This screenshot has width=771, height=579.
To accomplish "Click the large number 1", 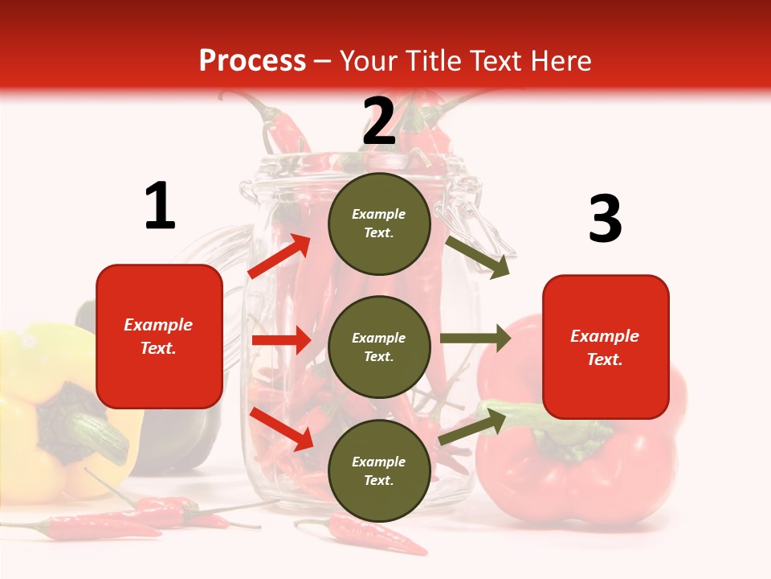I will coord(160,207).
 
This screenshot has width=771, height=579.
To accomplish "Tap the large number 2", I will coord(379,121).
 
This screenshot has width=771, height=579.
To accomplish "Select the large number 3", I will coord(605,220).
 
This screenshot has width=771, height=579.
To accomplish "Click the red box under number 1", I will coord(159,336).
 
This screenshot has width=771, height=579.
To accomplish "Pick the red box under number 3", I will coord(606,347).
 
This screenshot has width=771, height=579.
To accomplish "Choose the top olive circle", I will coord(379,224).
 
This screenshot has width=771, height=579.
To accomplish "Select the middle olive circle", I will coord(379,347).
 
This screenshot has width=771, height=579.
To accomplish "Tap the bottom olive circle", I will coord(379,470).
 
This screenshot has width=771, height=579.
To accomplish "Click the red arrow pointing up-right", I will coord(279,257).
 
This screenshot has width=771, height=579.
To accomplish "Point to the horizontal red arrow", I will coord(281,340).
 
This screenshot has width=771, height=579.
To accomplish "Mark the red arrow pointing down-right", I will coord(281,429).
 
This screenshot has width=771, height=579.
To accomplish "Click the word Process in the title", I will coord(252,60).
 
